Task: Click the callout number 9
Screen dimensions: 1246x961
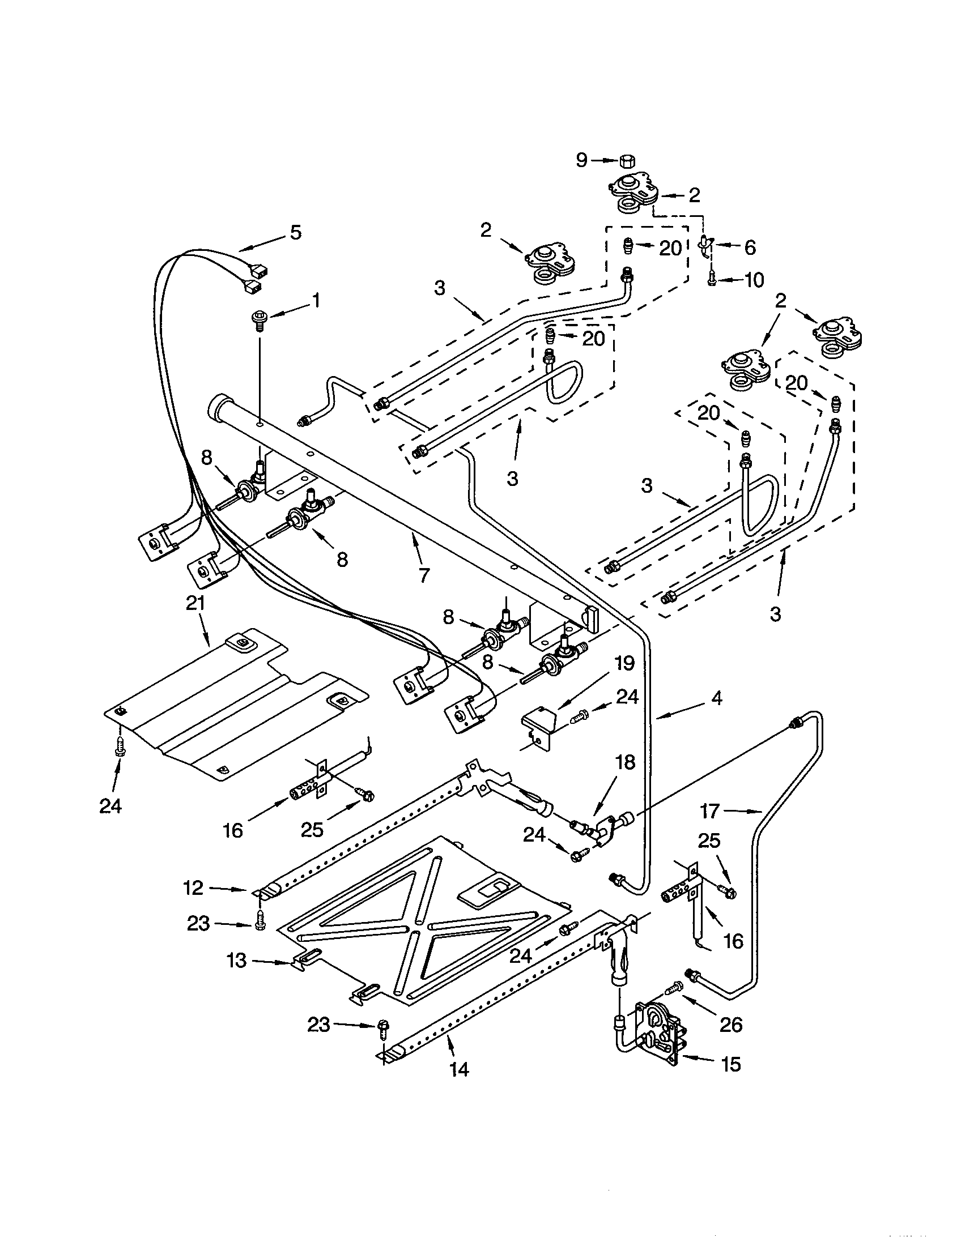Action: click(x=581, y=160)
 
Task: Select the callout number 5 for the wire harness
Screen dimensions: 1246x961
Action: click(x=295, y=232)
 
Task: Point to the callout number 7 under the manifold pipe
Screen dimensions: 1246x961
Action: click(x=423, y=575)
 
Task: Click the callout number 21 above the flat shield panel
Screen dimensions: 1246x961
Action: click(x=195, y=603)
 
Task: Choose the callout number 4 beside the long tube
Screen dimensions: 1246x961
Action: click(x=716, y=697)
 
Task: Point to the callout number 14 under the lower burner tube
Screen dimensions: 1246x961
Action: click(x=459, y=1069)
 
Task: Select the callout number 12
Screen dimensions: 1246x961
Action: click(x=193, y=888)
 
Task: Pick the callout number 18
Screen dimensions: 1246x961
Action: click(x=626, y=763)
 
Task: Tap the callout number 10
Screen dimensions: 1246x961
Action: click(x=754, y=280)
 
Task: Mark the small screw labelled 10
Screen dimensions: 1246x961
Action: click(x=712, y=280)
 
